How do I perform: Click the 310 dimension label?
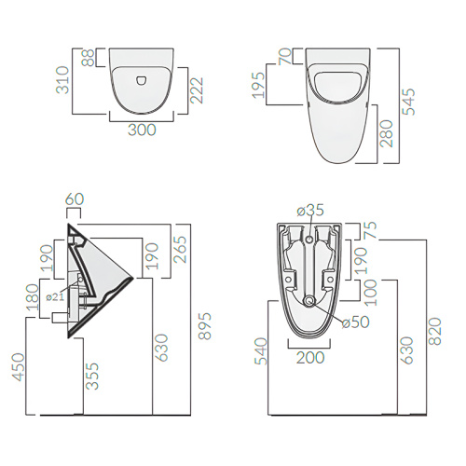pos(62,80)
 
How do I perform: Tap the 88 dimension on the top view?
pos(89,58)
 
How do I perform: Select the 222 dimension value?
pos(197,90)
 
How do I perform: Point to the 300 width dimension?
pos(142,130)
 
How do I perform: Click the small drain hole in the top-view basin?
pos(142,80)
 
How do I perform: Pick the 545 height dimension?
pos(409,102)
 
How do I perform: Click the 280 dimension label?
pos(387,133)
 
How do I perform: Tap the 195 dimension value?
pos(259,85)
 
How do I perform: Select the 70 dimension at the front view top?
pos(285,56)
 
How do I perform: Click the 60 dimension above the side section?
pos(75,199)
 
